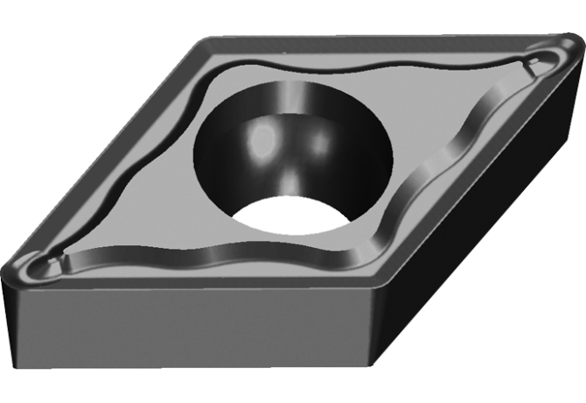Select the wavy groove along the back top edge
click(367, 67)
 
